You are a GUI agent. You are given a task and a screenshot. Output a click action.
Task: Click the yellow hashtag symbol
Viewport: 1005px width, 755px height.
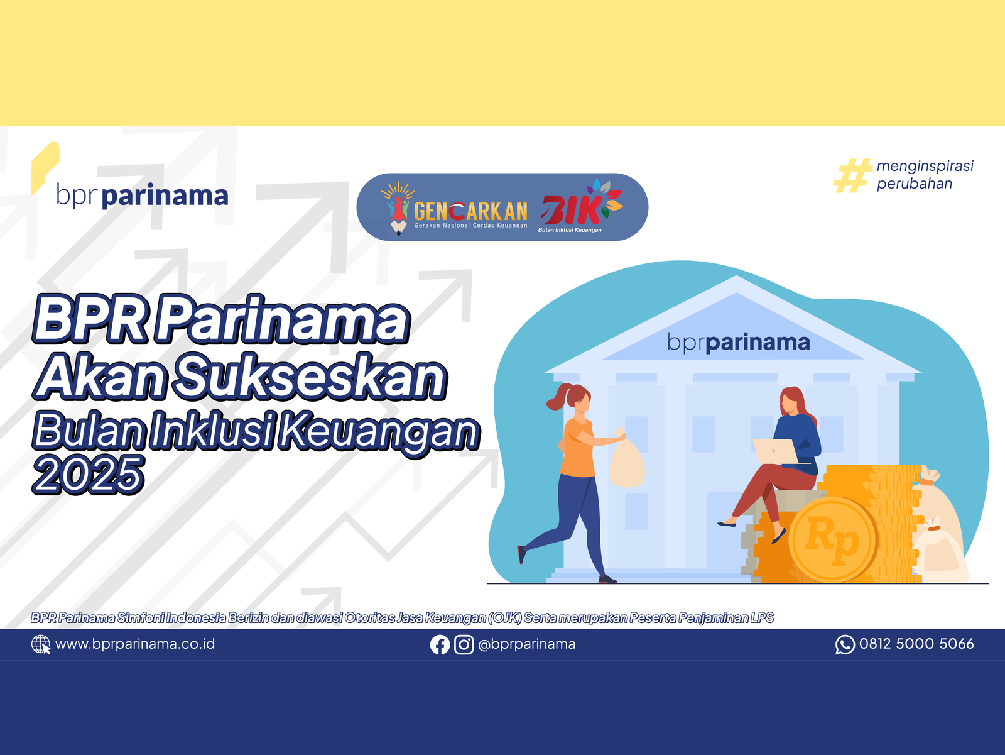pos(852,175)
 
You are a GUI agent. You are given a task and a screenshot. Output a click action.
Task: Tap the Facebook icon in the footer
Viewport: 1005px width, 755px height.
pos(440,644)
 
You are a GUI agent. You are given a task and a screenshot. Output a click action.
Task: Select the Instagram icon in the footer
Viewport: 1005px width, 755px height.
pos(464,644)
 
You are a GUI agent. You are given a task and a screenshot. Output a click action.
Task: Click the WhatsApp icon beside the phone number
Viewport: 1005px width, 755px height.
pos(845,644)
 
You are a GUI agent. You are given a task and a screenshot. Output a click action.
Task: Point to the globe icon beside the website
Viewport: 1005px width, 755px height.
pos(41,644)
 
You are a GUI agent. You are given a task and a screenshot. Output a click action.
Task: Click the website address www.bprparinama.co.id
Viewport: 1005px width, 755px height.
pos(135,644)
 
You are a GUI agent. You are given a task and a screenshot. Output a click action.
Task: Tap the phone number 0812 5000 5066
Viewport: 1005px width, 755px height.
pos(916,644)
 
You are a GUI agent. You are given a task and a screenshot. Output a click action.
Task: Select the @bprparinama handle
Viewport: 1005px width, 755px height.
pos(526,644)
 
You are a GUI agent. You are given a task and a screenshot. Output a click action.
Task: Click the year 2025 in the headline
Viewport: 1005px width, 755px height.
pos(88,475)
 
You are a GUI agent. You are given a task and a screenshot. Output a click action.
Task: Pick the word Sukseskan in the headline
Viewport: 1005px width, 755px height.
pos(310,377)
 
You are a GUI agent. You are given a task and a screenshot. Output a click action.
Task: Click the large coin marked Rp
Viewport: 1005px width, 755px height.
pos(833,540)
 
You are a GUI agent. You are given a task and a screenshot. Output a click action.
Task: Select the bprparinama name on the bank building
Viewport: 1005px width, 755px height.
pos(739,343)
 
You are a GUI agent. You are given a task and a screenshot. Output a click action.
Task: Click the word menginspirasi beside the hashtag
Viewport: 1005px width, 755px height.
pos(925,167)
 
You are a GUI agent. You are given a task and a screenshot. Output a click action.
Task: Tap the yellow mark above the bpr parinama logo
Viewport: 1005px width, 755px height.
pos(45,168)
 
